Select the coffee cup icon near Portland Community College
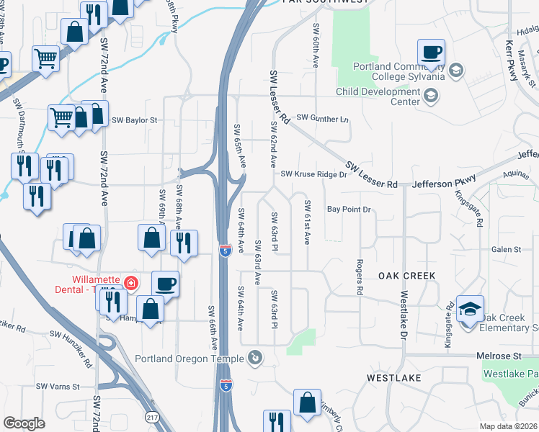431,53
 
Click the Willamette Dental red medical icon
131,283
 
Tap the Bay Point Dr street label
348,210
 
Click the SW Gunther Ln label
322,117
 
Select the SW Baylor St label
134,120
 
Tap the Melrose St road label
498,356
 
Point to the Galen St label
506,249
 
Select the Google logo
24,423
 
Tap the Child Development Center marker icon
430,95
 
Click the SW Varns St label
58,387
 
